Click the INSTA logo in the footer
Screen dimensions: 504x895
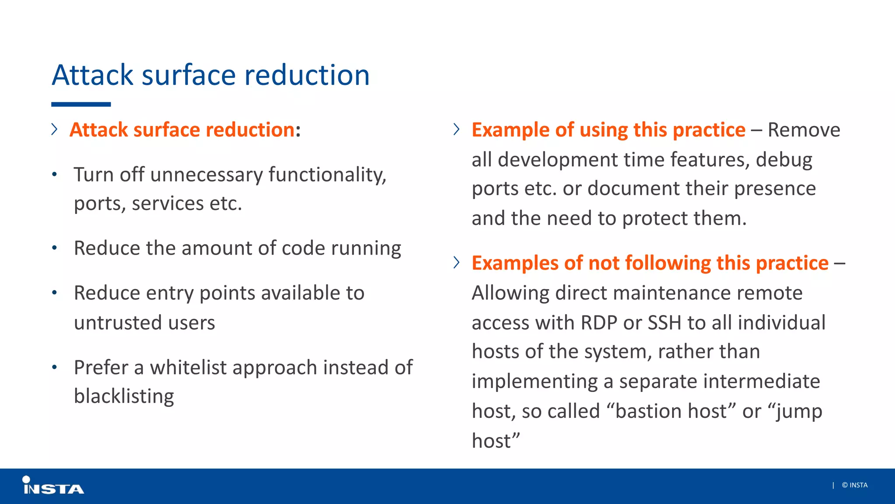(x=53, y=486)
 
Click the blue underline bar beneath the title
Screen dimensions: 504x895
(x=81, y=105)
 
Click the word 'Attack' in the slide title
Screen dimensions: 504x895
(x=92, y=75)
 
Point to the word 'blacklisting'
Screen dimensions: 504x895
(x=124, y=396)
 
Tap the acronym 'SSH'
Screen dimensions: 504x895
(x=664, y=323)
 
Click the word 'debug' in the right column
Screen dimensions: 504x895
(x=784, y=160)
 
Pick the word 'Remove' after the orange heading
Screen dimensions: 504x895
(x=804, y=130)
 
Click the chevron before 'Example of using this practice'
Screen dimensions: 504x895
(x=456, y=129)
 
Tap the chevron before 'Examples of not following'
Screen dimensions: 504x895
(x=456, y=262)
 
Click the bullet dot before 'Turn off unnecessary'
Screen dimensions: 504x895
(x=54, y=175)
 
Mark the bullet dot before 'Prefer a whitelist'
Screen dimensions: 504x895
(x=54, y=367)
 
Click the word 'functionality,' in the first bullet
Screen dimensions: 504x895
(x=327, y=175)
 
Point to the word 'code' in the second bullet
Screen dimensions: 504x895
(x=303, y=248)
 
